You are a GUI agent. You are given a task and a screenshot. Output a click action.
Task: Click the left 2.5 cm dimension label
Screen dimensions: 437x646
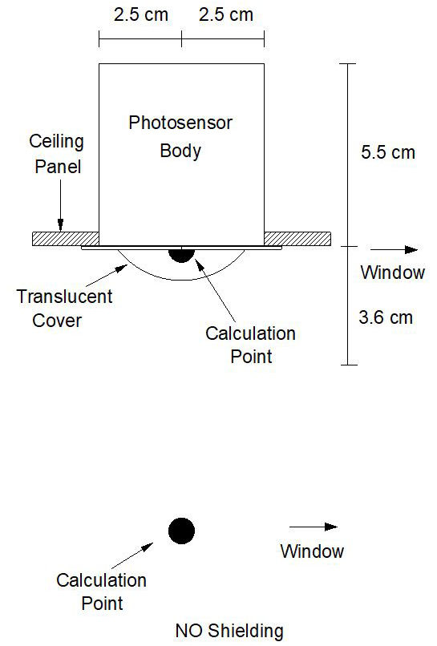(x=141, y=15)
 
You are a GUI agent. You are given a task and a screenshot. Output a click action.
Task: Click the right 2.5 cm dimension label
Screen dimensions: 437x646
(x=226, y=15)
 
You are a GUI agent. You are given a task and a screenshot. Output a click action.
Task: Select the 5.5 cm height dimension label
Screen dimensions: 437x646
(x=388, y=152)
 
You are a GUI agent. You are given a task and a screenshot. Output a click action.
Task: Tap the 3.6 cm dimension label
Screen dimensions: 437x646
(x=386, y=317)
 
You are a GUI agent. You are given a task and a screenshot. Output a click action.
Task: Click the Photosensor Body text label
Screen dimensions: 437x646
(x=180, y=137)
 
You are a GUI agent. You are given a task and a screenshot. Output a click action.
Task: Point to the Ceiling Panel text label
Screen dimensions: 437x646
(x=57, y=154)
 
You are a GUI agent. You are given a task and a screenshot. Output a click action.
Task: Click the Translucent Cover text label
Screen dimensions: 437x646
(x=64, y=308)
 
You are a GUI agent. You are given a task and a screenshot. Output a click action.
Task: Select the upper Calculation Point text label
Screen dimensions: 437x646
(x=251, y=345)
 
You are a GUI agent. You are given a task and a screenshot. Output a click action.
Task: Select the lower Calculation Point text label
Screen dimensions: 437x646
(x=101, y=591)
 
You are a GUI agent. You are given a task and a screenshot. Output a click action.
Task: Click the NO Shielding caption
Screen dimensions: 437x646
(x=229, y=631)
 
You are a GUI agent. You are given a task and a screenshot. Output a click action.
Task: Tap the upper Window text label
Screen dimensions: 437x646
(x=392, y=273)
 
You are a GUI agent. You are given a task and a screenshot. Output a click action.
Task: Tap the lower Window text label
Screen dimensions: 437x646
(x=312, y=551)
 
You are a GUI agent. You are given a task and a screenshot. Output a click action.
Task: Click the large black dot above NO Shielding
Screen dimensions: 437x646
(x=181, y=531)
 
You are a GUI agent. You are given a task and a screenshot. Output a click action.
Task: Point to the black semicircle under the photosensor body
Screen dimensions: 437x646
(x=181, y=253)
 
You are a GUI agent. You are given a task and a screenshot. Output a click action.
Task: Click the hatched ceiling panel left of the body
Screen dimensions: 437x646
(x=66, y=239)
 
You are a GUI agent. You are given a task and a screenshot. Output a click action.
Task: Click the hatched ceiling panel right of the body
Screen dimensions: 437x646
(x=297, y=239)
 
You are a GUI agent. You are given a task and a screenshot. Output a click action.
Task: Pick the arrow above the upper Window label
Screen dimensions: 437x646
(x=395, y=250)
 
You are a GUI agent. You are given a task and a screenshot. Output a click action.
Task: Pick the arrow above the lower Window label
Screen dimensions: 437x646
(x=314, y=527)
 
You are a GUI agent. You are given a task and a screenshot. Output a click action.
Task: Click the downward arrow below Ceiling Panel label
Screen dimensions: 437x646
(x=61, y=206)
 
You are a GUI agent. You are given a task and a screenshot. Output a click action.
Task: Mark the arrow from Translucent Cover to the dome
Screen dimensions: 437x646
(x=107, y=275)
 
